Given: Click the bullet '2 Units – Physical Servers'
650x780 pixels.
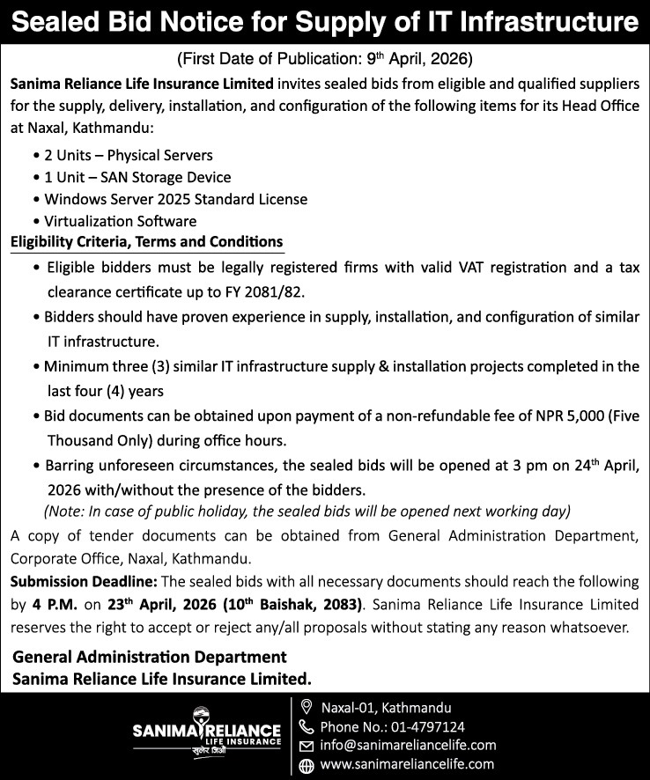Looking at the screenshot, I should click(x=129, y=155).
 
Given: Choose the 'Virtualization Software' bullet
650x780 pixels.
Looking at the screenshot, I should click(x=121, y=221).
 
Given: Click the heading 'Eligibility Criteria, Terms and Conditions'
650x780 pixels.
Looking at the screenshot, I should click(x=146, y=241).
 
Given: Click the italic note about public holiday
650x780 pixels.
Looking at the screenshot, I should click(x=307, y=511).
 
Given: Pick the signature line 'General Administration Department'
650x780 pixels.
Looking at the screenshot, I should click(x=150, y=657).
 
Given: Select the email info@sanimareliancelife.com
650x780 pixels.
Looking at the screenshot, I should click(x=408, y=746).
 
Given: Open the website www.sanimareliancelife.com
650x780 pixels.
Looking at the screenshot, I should click(x=407, y=764).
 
